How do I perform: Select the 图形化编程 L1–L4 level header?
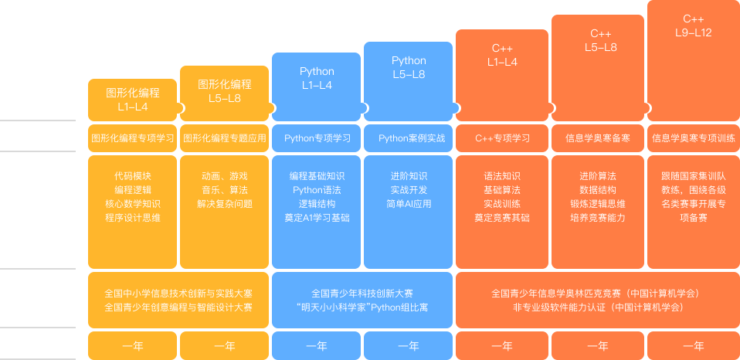click(133, 100)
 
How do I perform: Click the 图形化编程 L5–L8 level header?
click(225, 91)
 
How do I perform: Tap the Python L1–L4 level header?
click(317, 78)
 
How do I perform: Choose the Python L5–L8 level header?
click(409, 67)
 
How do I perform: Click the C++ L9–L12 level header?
click(693, 25)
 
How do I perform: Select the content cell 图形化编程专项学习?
click(133, 138)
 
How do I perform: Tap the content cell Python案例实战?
click(409, 138)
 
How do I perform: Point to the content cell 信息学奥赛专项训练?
click(693, 138)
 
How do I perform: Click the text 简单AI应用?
click(409, 204)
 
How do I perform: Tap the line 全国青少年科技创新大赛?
click(362, 294)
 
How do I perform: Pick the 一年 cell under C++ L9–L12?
click(693, 346)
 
